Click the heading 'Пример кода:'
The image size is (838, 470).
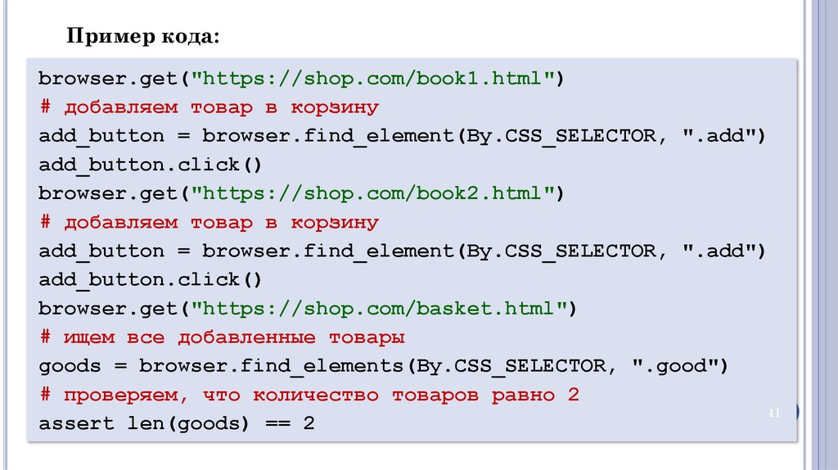142,38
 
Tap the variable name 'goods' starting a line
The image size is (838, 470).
69,366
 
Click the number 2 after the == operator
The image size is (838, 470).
308,424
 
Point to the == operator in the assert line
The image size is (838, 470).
273,424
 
